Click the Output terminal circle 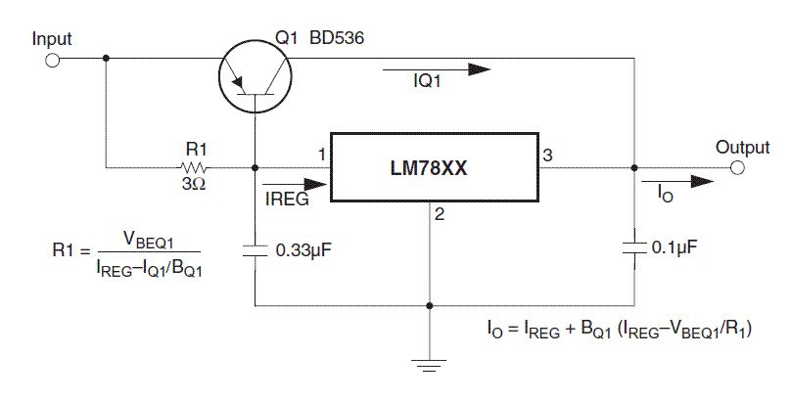click(736, 168)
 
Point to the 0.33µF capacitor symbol click(256, 250)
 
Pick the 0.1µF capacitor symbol click(633, 248)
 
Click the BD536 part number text click(333, 38)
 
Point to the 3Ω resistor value click(192, 184)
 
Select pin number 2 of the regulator click(441, 216)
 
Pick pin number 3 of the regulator click(547, 155)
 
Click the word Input click(52, 39)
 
